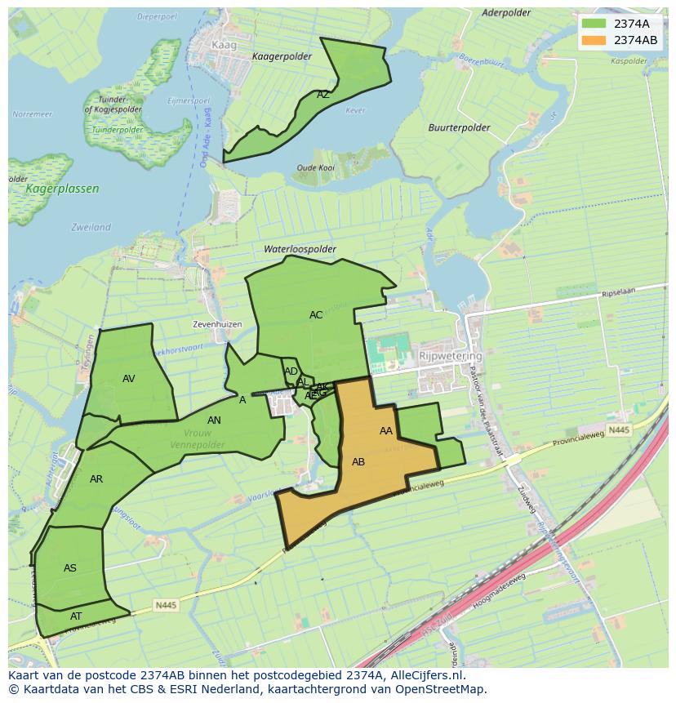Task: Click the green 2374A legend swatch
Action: [x=594, y=24]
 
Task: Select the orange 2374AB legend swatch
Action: [x=594, y=40]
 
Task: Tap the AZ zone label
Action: [x=323, y=95]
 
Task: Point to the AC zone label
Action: [x=316, y=315]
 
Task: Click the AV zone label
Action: [x=129, y=379]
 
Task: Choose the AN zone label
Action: [x=214, y=420]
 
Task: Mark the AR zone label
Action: [x=96, y=479]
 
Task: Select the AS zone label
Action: [x=70, y=568]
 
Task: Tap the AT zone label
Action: [x=76, y=616]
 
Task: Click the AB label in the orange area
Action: [x=358, y=462]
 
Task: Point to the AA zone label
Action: [x=386, y=431]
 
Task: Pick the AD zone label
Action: [x=291, y=372]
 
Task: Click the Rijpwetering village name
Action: [x=450, y=357]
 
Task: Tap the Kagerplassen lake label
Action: [x=63, y=189]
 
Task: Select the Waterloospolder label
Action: [x=300, y=249]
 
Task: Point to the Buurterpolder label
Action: [x=460, y=128]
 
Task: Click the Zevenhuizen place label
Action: [x=217, y=324]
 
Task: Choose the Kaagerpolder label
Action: [x=282, y=56]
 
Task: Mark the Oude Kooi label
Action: [x=315, y=168]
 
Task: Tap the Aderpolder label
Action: [x=506, y=13]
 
